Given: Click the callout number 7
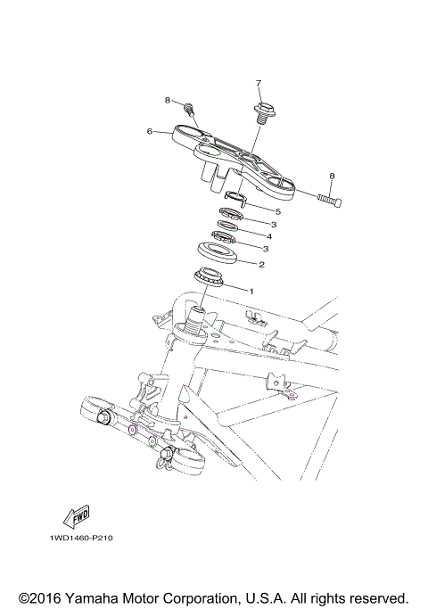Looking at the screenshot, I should (x=259, y=84).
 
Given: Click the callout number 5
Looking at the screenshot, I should (x=277, y=211).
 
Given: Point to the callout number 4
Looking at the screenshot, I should (x=269, y=237).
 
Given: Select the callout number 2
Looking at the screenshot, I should (x=261, y=264).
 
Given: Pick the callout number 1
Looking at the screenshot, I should (x=251, y=291).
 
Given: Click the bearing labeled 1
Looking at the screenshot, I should (x=210, y=276).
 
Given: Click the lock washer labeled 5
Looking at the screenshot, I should (x=236, y=197).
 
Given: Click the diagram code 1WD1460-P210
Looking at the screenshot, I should (x=75, y=539).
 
